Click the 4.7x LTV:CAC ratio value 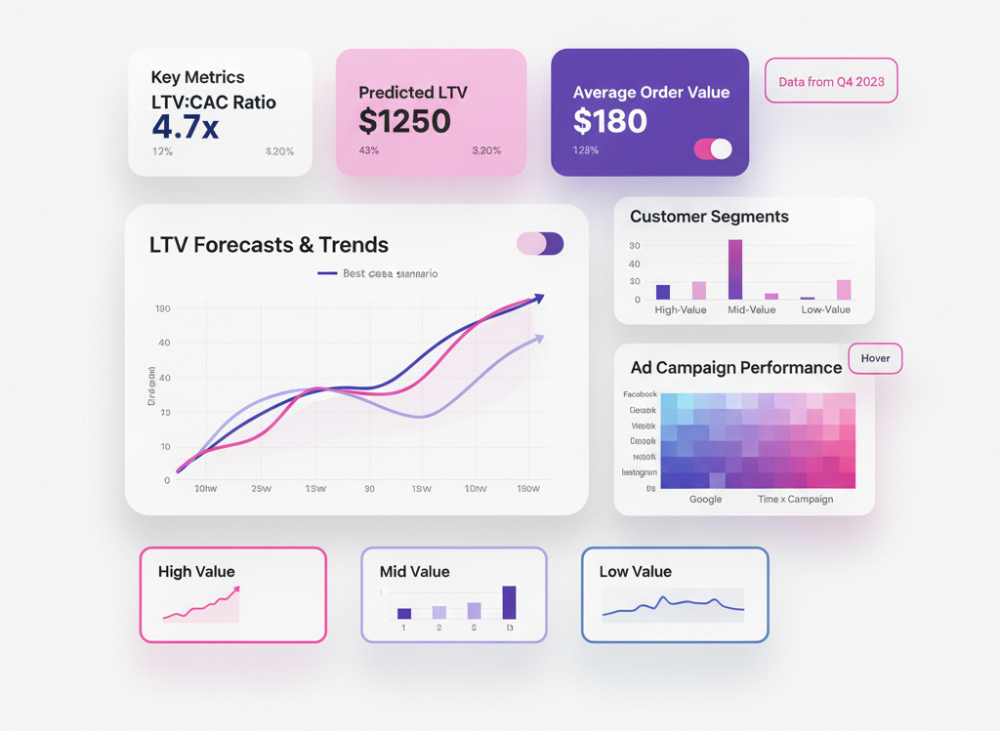[186, 127]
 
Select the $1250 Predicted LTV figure [404, 121]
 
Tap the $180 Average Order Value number [610, 121]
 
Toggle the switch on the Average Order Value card [712, 149]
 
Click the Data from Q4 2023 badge [831, 82]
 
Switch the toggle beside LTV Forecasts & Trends [540, 244]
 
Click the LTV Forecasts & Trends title [269, 245]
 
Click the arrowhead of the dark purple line [538, 298]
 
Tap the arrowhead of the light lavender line [538, 338]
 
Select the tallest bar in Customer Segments [734, 269]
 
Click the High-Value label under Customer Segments [682, 309]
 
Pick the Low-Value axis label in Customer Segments [825, 309]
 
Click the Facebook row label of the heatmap [640, 394]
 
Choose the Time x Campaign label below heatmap [795, 500]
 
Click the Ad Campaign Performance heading [735, 368]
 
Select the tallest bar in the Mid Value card [509, 602]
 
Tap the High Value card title [196, 572]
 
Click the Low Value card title [635, 572]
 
